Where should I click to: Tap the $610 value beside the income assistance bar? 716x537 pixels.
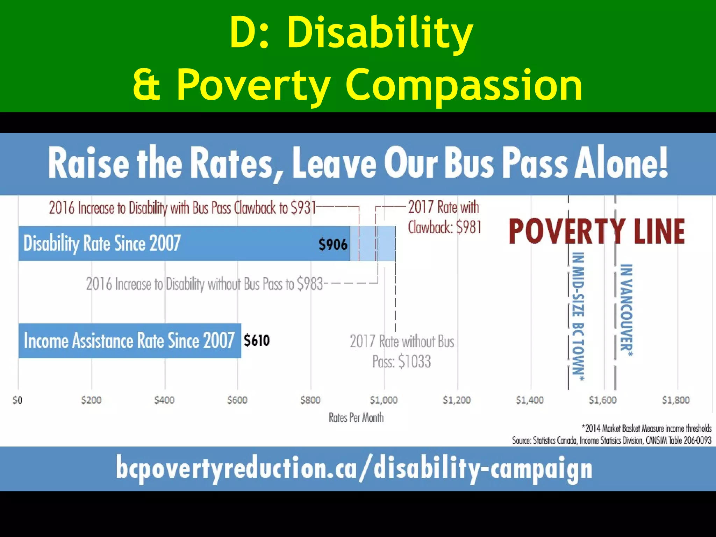click(x=257, y=340)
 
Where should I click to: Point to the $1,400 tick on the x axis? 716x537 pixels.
click(x=530, y=400)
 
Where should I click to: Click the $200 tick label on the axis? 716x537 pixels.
click(x=91, y=400)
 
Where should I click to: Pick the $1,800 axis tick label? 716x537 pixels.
click(x=675, y=400)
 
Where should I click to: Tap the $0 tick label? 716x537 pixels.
click(x=17, y=400)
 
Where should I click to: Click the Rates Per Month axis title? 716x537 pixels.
click(x=356, y=417)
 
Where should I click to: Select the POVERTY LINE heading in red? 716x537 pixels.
click(x=596, y=231)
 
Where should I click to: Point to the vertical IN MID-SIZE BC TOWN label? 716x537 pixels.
click(x=578, y=316)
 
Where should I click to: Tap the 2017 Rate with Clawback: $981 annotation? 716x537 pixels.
click(x=444, y=217)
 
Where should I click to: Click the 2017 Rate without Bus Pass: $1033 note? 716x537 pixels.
click(x=402, y=351)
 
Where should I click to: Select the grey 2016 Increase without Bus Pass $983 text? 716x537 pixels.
click(x=204, y=284)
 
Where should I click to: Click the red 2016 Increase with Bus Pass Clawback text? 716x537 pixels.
click(x=182, y=208)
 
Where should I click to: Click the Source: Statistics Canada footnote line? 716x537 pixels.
click(x=611, y=440)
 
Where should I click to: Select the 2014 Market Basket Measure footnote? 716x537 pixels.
click(x=646, y=428)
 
